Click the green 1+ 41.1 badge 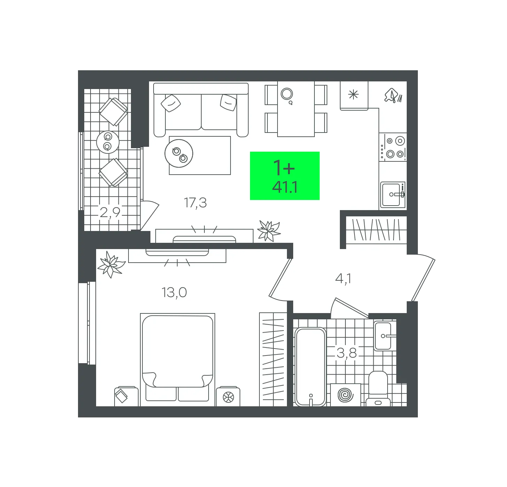pos(284,176)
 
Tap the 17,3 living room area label pos(195,203)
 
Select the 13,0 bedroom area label pos(174,293)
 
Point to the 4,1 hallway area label pos(343,279)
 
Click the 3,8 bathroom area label pos(346,353)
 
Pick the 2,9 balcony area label pos(110,213)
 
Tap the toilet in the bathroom pos(378,388)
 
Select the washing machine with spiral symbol pos(345,395)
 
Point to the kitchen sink pos(393,195)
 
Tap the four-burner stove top pos(393,147)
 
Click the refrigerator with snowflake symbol pos(354,96)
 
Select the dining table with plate pos(296,109)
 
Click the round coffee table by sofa pos(179,153)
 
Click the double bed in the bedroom pos(178,359)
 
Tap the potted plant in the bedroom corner pos(111,264)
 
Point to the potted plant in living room pos(269,231)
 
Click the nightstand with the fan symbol pos(228,397)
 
